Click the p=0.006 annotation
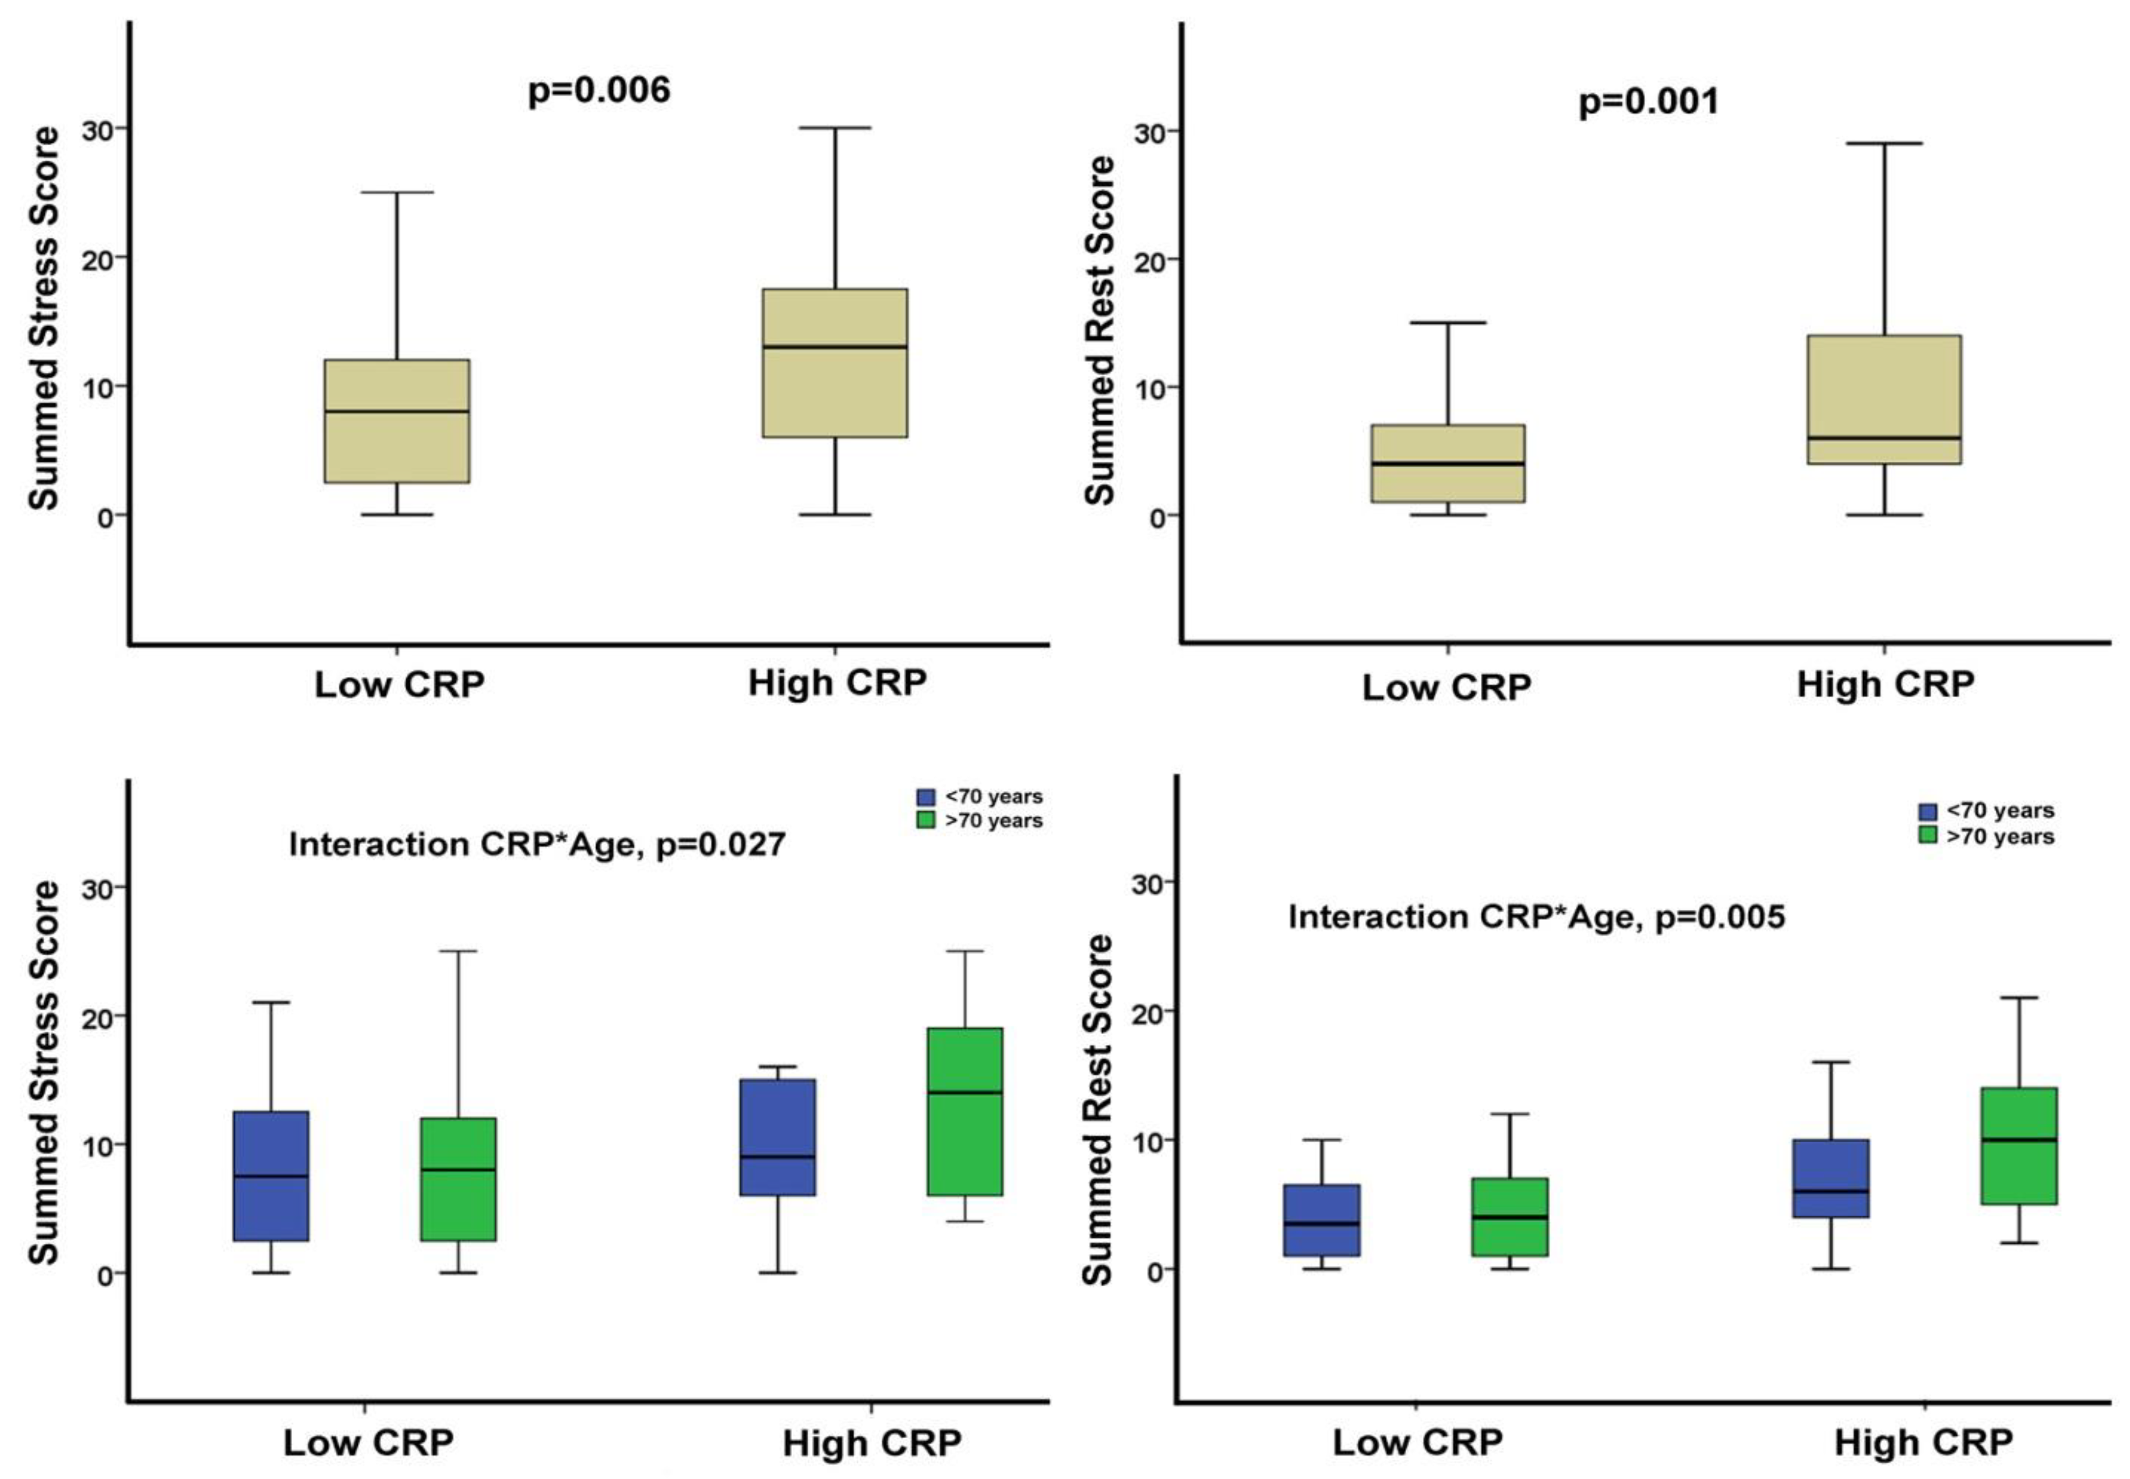(x=598, y=91)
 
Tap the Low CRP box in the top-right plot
(x=1447, y=463)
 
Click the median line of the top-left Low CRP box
(x=397, y=411)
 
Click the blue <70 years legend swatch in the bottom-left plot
(x=925, y=797)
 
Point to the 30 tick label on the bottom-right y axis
(x=1147, y=884)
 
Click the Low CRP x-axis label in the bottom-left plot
(x=368, y=1443)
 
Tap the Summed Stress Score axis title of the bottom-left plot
(x=44, y=1073)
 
